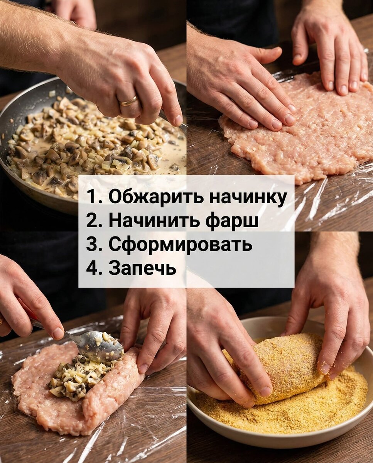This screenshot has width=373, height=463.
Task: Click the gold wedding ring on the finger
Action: (x=128, y=101)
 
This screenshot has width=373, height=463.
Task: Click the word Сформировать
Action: (x=180, y=244)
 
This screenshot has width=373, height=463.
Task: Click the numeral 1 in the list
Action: (x=90, y=197)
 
